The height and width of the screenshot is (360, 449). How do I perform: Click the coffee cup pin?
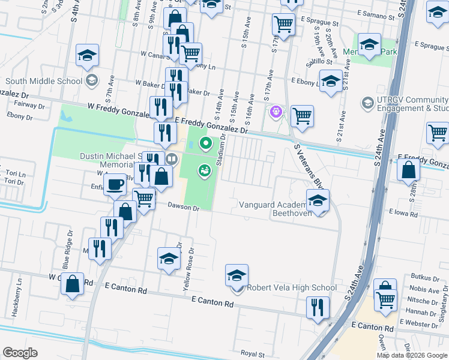point(115,184)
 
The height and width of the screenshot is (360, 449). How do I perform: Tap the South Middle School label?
point(44,81)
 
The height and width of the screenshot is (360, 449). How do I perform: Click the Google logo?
point(20,353)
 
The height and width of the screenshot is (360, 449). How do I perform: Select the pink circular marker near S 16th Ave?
point(276,111)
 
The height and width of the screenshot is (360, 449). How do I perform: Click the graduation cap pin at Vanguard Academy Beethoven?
point(318,200)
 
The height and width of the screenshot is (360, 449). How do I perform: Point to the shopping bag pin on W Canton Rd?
point(72,284)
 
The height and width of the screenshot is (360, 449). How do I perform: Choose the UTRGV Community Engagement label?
point(412,104)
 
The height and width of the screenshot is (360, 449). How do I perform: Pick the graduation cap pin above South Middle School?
point(88,55)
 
